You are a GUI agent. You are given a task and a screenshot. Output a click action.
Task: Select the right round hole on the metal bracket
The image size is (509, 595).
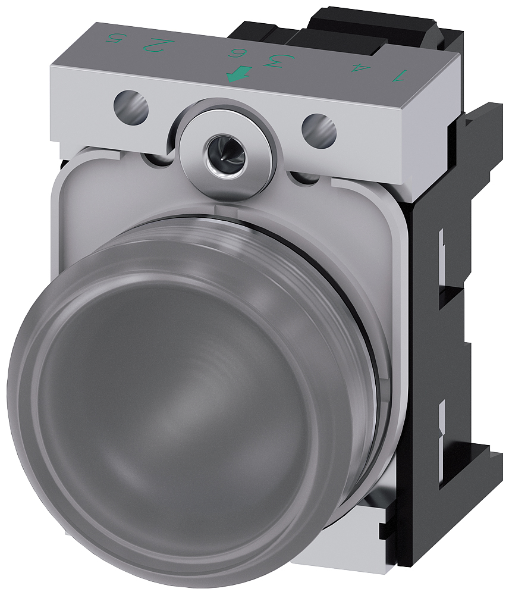point(319,127)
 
